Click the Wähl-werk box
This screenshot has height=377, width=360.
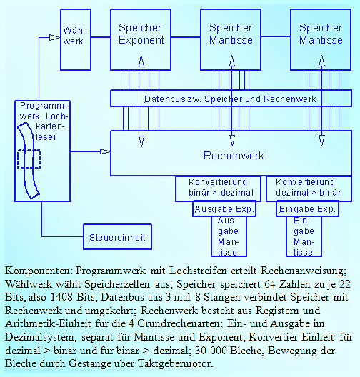(x=76, y=40)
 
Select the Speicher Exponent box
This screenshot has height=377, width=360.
(x=141, y=40)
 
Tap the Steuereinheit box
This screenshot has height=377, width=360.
(x=117, y=237)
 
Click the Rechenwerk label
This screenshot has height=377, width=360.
(x=234, y=156)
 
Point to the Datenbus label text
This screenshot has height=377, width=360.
(x=230, y=99)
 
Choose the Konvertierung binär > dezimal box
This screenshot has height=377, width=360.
(x=218, y=188)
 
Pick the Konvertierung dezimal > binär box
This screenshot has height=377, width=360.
(x=309, y=188)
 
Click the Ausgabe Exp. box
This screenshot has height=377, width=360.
(x=224, y=209)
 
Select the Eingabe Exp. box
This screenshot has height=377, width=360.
(x=307, y=209)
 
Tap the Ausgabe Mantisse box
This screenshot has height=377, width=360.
(x=229, y=236)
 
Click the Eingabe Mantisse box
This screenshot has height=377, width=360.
(x=304, y=236)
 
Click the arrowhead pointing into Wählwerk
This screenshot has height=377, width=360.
(x=54, y=38)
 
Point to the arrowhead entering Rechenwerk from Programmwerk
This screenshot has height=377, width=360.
(x=105, y=151)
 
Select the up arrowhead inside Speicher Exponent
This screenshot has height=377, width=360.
(x=141, y=61)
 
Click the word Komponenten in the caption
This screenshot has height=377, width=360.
(x=39, y=271)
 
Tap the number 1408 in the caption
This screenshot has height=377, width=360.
(x=61, y=297)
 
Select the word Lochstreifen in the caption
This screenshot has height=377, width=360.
(x=198, y=271)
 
